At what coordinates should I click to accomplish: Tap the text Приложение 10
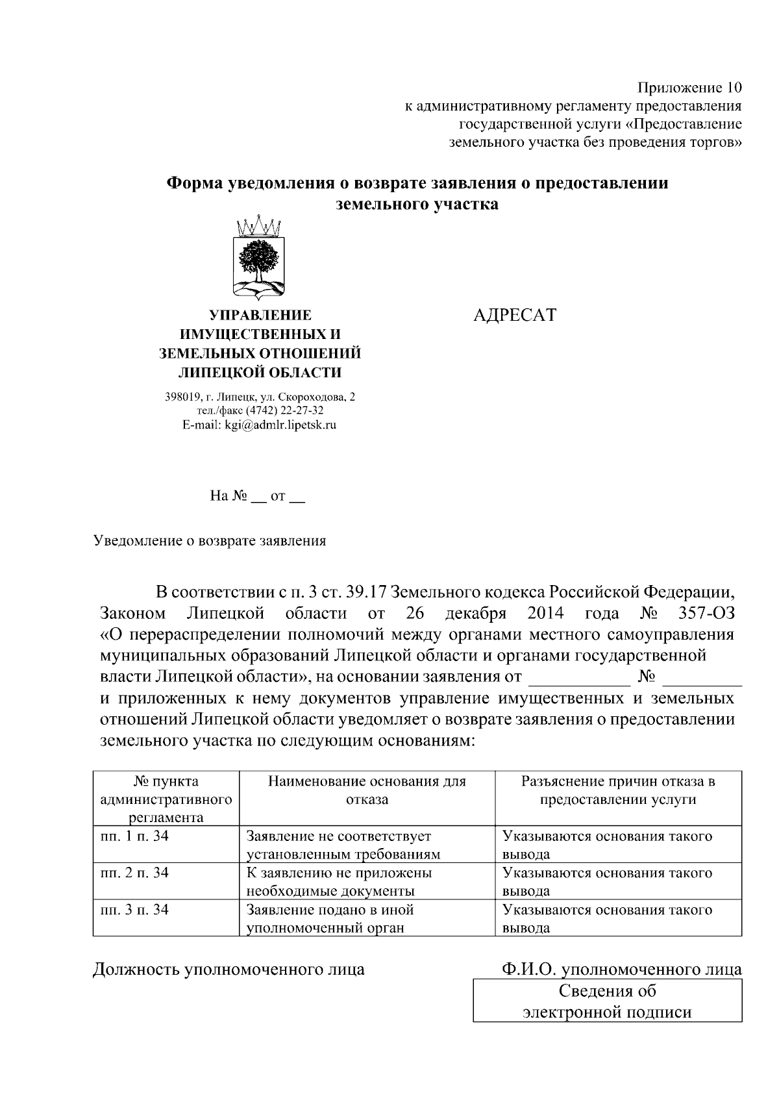(689, 88)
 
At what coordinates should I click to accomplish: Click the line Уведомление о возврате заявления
(210, 540)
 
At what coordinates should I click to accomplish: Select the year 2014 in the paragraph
(545, 613)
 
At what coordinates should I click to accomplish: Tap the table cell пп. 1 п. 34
(134, 836)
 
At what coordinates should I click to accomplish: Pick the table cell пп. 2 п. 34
(134, 873)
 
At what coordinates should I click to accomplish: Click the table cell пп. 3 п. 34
(134, 910)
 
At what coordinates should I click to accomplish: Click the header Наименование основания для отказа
(367, 790)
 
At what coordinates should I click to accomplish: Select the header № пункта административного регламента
(166, 799)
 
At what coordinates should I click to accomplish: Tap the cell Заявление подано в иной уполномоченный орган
(330, 918)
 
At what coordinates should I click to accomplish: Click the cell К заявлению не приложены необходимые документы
(340, 881)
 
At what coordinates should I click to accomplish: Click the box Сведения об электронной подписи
(607, 1001)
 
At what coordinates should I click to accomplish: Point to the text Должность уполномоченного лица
(229, 970)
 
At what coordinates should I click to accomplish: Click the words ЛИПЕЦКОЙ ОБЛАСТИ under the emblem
(260, 373)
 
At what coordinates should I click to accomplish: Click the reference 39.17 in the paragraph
(367, 592)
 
